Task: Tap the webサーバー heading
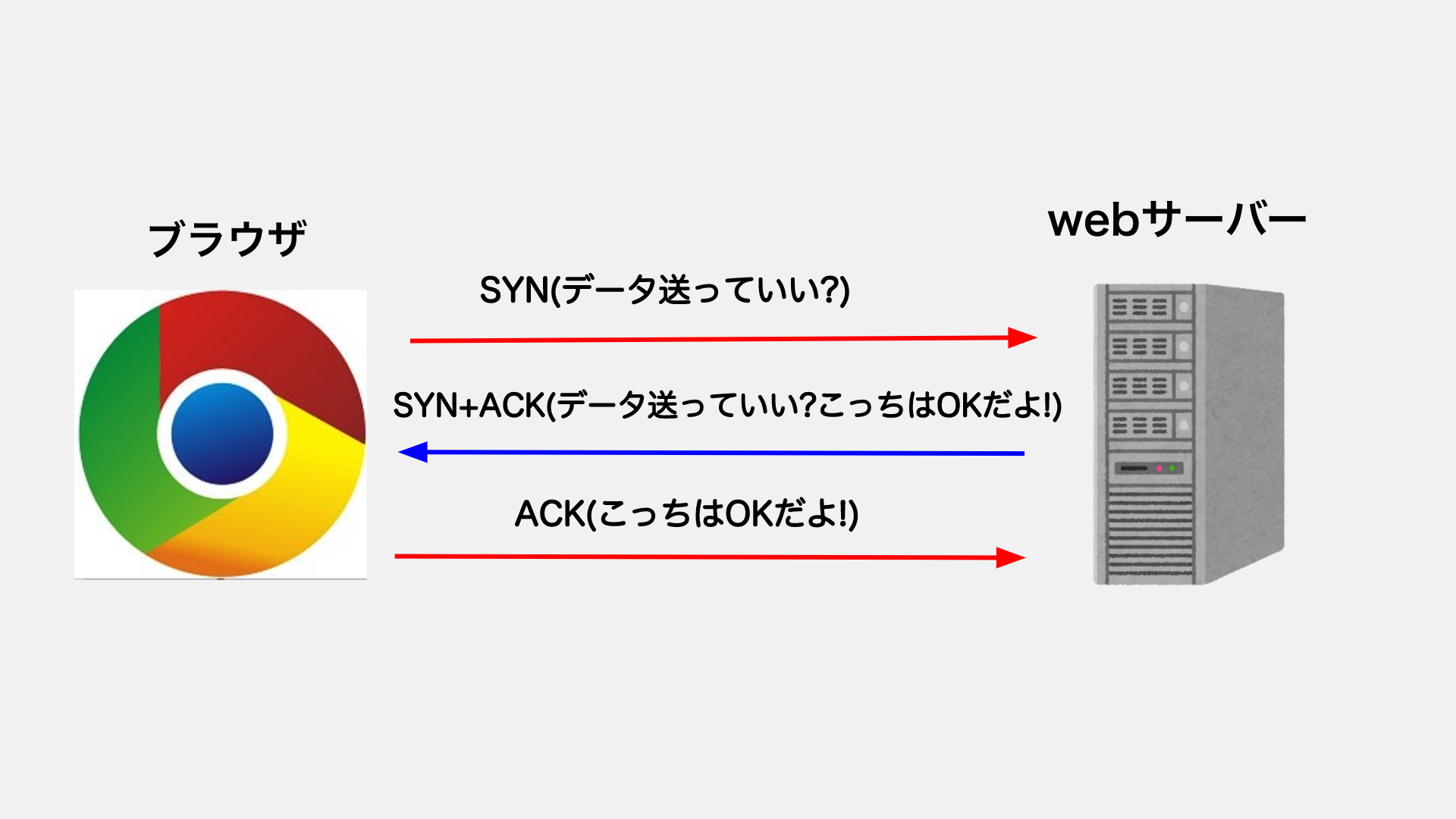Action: (x=1176, y=221)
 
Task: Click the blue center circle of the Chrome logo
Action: (x=222, y=434)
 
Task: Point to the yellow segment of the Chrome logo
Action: (x=303, y=485)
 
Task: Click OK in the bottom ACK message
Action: (x=749, y=514)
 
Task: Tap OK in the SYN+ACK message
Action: (x=961, y=406)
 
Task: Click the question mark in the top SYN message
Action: (x=830, y=290)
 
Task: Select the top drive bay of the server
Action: (x=1145, y=307)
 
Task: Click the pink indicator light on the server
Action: (x=1159, y=469)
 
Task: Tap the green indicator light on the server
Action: (x=1172, y=469)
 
